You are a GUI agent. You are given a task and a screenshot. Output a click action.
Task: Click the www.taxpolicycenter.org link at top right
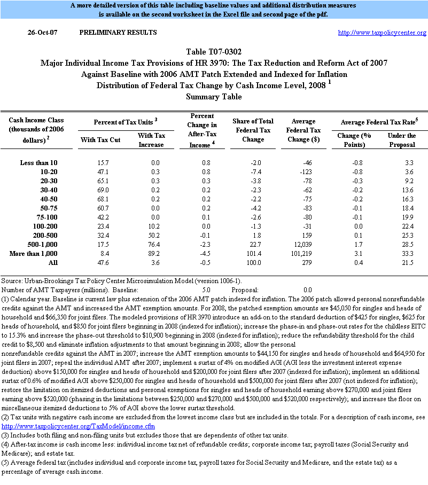pyautogui.click(x=382, y=33)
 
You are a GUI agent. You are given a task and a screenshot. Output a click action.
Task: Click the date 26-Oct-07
pyautogui.click(x=43, y=33)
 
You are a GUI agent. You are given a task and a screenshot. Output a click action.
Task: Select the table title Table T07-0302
pyautogui.click(x=214, y=52)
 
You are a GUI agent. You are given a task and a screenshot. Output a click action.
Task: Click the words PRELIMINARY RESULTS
pyautogui.click(x=118, y=33)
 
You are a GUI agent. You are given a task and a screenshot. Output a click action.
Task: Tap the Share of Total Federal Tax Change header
pyautogui.click(x=253, y=131)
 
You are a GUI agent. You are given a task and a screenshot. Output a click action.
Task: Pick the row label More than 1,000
pyautogui.click(x=35, y=253)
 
